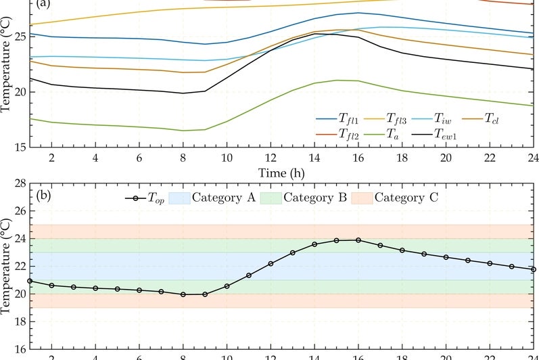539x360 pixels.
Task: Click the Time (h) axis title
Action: coord(279,173)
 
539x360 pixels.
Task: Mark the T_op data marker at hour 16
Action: coord(358,240)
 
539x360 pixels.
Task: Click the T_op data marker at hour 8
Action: coord(183,294)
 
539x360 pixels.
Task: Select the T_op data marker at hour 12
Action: coord(271,263)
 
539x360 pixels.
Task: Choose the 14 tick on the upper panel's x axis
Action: coord(314,157)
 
